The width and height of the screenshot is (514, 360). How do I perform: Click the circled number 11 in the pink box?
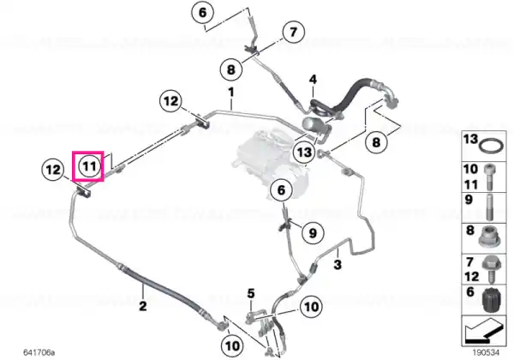90,166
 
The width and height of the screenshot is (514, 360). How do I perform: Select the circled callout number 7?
293,32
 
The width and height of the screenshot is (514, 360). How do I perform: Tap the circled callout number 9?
313,233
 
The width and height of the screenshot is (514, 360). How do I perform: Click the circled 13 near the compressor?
304,152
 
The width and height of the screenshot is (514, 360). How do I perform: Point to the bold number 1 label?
231,92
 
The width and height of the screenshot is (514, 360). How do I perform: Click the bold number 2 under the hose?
143,306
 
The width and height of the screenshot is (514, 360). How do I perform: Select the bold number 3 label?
338,264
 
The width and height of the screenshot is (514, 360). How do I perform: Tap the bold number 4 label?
313,80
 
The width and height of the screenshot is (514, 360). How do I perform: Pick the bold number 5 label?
251,293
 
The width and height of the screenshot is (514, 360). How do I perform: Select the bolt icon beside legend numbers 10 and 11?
490,177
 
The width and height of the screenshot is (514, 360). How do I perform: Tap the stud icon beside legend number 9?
490,207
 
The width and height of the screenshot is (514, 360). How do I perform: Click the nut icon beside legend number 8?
489,237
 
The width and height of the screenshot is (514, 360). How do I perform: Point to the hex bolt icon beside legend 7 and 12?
491,269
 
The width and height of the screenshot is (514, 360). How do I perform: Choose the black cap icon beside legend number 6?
491,300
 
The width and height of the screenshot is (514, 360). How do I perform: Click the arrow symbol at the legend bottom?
483,331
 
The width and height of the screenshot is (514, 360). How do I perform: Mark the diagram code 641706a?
39,352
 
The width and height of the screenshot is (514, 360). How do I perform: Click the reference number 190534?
486,352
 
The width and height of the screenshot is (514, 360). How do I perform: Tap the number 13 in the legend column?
471,139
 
